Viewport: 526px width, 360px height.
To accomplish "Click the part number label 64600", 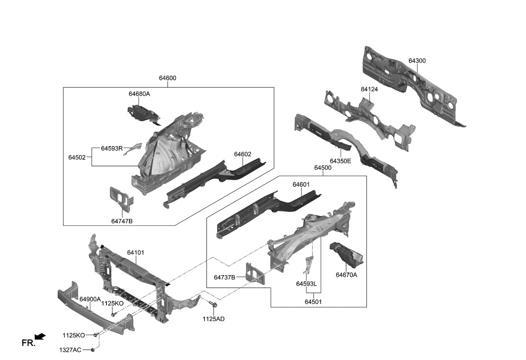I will coord(168,78).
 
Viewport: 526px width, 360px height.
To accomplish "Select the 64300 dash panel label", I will coord(417,61).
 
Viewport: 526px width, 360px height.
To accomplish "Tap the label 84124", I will coord(357,90).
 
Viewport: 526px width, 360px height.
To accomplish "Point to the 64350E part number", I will coord(340,161).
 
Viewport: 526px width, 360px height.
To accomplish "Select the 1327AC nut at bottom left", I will coord(92,350).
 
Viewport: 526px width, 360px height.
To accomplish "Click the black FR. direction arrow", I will coord(40,337).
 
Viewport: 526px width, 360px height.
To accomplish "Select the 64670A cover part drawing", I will coord(345,254).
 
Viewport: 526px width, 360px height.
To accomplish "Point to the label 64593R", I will coord(112,149).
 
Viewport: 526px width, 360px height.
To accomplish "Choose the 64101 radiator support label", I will coord(135,253).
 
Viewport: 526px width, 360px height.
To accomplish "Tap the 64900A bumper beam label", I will coord(90,299).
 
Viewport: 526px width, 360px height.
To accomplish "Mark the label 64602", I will coord(243,154).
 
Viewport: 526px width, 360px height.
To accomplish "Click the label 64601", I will coord(301,185).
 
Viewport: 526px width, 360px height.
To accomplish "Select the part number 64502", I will coord(77,157).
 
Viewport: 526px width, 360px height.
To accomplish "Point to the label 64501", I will coord(313,301).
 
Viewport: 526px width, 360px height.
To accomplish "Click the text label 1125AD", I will coord(213,319).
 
